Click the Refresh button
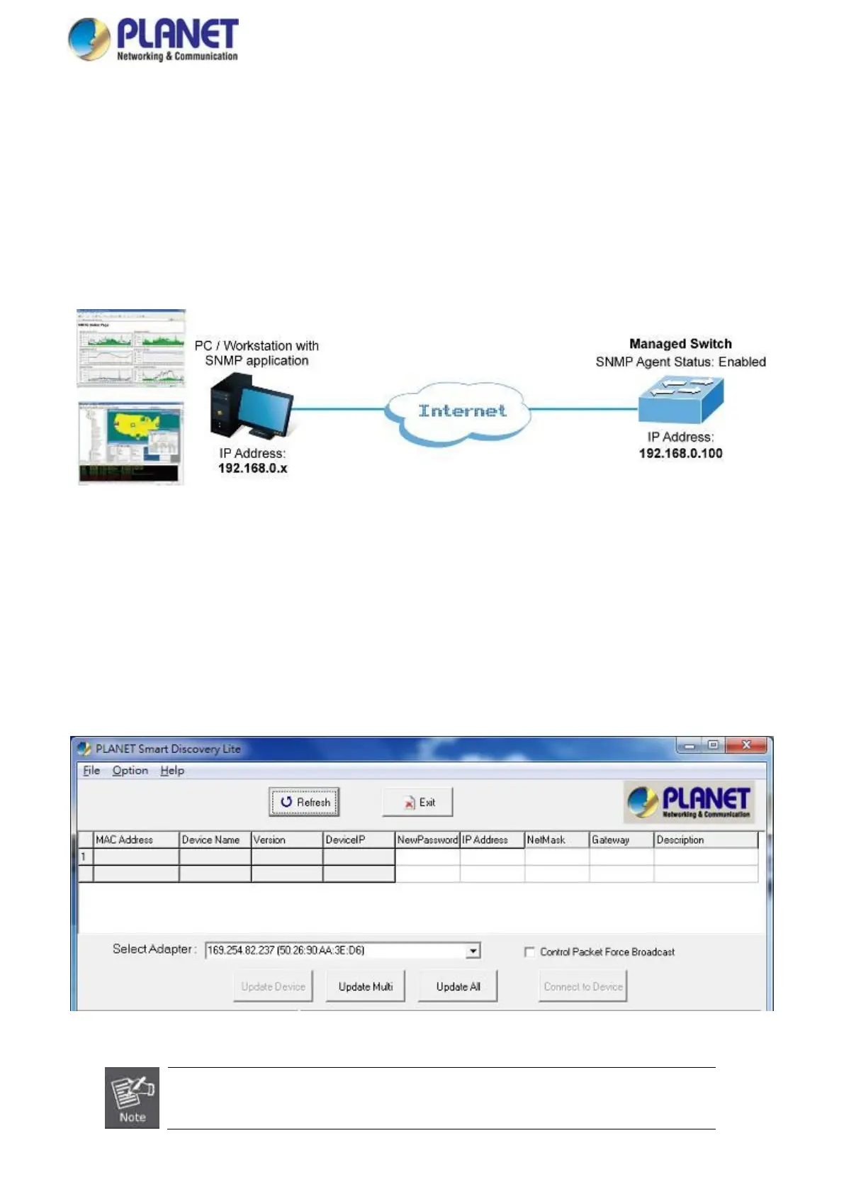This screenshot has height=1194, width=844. pyautogui.click(x=305, y=802)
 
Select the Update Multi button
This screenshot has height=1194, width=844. pyautogui.click(x=365, y=986)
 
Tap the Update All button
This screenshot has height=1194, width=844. pyautogui.click(x=458, y=986)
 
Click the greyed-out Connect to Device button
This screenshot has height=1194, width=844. pyautogui.click(x=583, y=986)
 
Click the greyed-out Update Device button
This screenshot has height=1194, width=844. pyautogui.click(x=273, y=986)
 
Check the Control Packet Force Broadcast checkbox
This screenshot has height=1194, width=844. pyautogui.click(x=529, y=952)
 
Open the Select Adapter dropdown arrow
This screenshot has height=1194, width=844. pyautogui.click(x=473, y=951)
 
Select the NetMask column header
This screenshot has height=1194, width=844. pyautogui.click(x=556, y=839)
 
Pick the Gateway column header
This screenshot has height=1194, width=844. pyautogui.click(x=621, y=839)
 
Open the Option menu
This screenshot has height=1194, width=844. pyautogui.click(x=130, y=771)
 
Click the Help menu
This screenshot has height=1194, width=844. pyautogui.click(x=172, y=771)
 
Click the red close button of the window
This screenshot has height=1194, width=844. pyautogui.click(x=746, y=745)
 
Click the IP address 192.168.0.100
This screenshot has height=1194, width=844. pyautogui.click(x=680, y=454)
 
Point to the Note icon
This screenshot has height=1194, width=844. pyautogui.click(x=132, y=1098)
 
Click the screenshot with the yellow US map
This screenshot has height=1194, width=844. pyautogui.click(x=131, y=444)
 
